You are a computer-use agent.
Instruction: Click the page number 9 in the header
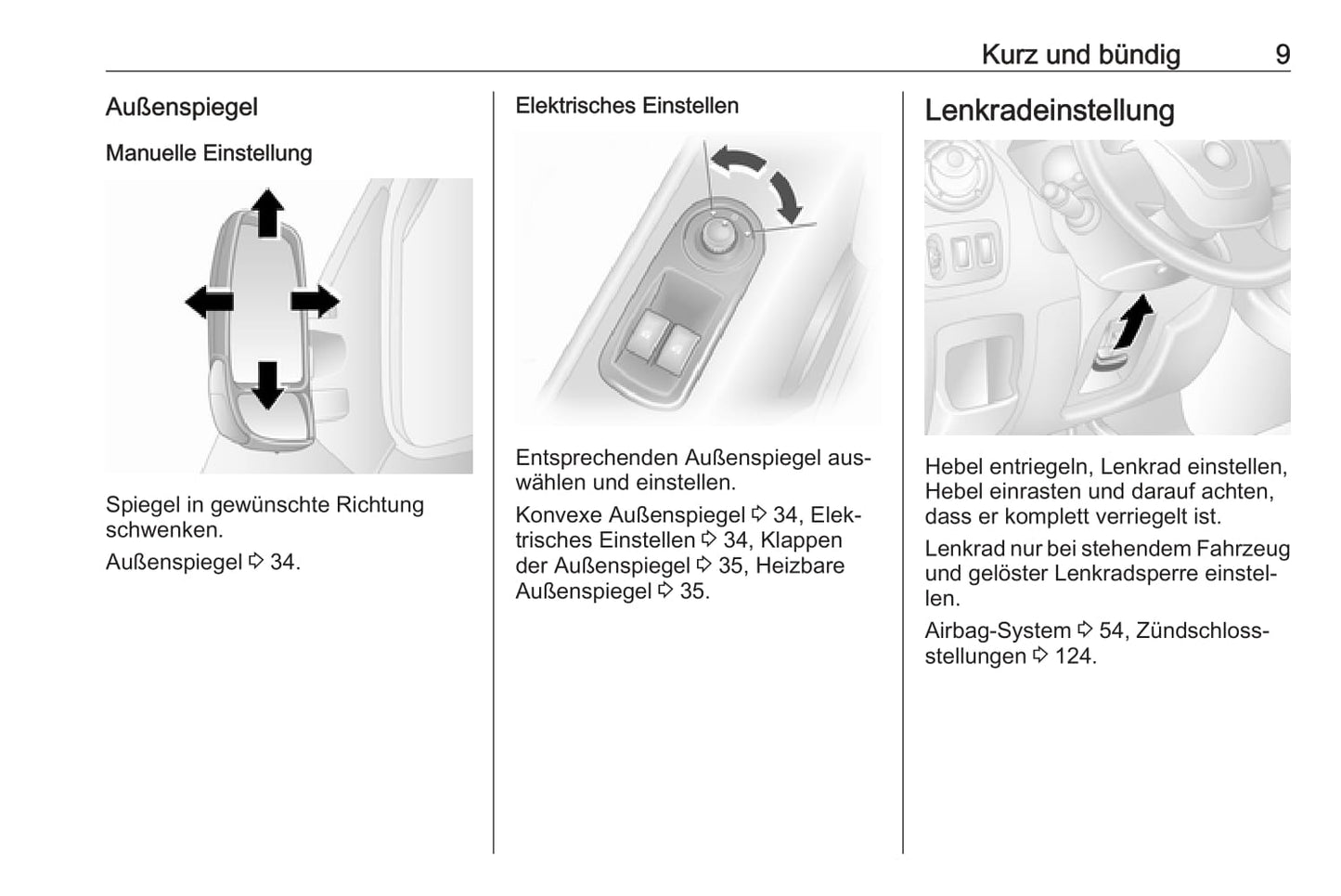tap(1282, 55)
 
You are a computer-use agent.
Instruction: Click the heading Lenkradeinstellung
tap(1049, 110)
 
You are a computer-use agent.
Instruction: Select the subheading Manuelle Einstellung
tap(209, 153)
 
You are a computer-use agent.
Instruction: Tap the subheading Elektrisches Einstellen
tap(626, 106)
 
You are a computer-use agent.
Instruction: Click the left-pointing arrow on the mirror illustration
tap(209, 302)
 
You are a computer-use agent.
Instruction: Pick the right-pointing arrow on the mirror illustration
tap(316, 302)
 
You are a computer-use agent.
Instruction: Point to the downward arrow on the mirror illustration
tap(267, 384)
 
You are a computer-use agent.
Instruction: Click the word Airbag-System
tap(998, 631)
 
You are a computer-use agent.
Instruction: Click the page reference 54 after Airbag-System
tap(1110, 631)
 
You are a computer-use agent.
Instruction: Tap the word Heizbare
tap(800, 565)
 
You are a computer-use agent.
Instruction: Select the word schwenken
tap(163, 530)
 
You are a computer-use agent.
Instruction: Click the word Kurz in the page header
tap(1009, 55)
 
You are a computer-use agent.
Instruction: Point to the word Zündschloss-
tap(1202, 631)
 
